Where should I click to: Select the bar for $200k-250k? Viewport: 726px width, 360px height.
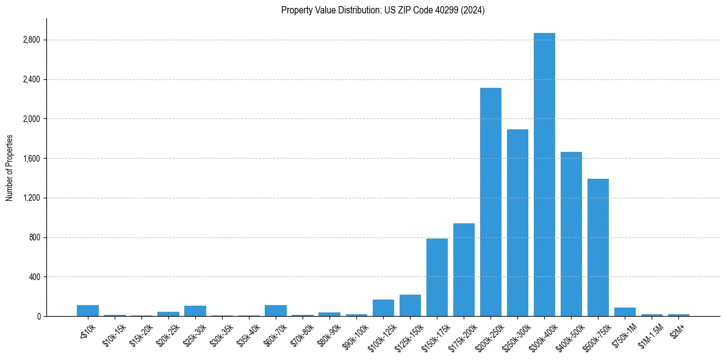(491, 202)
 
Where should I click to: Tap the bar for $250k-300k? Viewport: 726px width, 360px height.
(517, 223)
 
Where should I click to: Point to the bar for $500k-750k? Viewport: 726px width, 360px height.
(598, 247)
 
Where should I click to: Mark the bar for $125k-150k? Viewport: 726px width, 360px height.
(410, 305)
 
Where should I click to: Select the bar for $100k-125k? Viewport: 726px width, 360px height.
(383, 308)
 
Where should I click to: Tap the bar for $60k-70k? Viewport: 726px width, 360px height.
(276, 311)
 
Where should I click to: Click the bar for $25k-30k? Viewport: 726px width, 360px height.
(195, 311)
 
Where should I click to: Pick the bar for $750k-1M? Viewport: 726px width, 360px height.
(625, 312)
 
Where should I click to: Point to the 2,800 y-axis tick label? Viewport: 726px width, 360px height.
(32, 40)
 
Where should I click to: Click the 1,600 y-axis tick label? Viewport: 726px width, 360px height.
(32, 159)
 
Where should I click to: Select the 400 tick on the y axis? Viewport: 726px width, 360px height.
(34, 277)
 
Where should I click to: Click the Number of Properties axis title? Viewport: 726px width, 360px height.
(10, 168)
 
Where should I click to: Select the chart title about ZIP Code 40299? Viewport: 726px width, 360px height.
(383, 10)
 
